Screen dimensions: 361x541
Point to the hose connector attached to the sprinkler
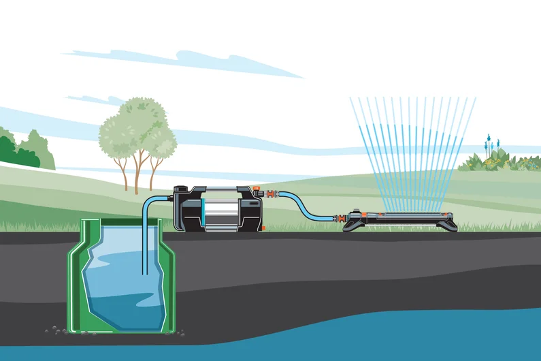[338, 219]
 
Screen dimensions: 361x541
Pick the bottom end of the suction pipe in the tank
[143, 272]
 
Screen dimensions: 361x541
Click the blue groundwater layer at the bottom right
[408, 337]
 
